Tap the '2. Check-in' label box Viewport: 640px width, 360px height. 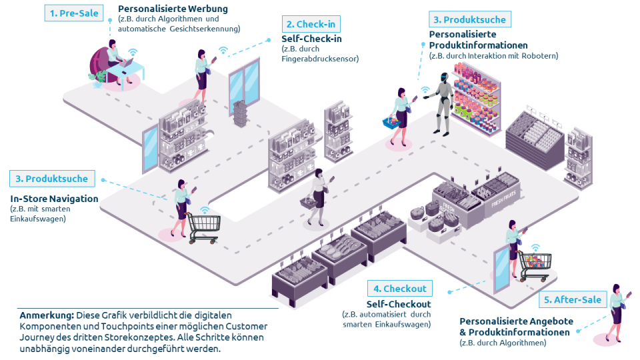(x=311, y=25)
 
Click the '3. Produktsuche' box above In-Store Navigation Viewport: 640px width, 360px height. (x=52, y=179)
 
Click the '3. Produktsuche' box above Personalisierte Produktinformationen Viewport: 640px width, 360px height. (x=469, y=19)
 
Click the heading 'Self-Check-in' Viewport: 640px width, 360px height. (x=312, y=39)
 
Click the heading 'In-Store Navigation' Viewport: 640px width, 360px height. (x=54, y=199)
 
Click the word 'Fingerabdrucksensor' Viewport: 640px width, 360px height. (x=320, y=59)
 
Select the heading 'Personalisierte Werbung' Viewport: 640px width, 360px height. (x=173, y=9)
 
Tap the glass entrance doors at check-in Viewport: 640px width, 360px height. (x=244, y=82)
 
